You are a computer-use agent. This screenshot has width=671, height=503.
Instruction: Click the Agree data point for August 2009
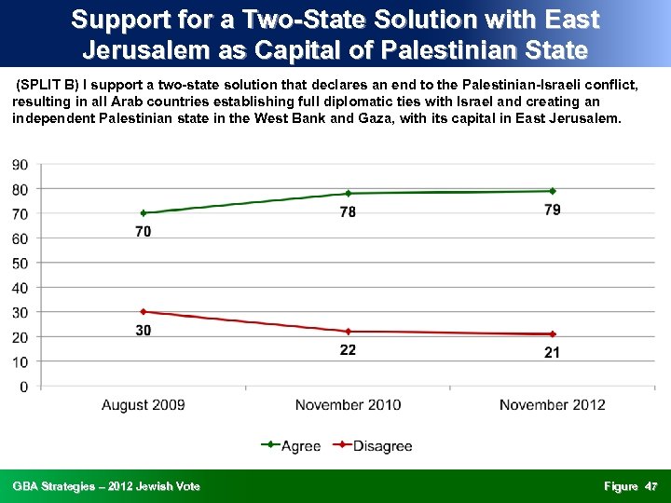tap(144, 213)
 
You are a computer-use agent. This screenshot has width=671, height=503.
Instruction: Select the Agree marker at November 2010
tap(348, 194)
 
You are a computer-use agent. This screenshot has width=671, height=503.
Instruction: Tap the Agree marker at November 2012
tap(553, 191)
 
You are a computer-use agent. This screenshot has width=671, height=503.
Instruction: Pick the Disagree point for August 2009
tap(144, 311)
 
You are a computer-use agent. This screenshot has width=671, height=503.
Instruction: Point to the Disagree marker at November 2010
tap(348, 331)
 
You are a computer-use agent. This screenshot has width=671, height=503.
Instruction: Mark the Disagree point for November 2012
tap(553, 333)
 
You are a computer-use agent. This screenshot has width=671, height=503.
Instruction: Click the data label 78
tap(348, 212)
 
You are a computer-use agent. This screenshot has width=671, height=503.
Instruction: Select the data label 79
tap(553, 211)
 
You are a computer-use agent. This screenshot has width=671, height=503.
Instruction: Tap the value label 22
tap(348, 350)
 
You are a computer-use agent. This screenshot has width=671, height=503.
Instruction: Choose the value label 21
tap(553, 352)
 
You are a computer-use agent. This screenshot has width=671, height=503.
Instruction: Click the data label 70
tap(144, 232)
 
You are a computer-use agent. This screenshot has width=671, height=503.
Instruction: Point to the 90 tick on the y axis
tap(20, 165)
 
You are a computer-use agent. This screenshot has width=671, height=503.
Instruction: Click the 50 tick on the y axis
tap(20, 263)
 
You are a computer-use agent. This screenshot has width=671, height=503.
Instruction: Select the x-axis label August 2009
tap(144, 404)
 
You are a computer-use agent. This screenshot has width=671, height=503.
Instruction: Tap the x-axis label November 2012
tap(553, 404)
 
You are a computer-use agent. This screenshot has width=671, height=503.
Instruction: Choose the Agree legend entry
tap(290, 445)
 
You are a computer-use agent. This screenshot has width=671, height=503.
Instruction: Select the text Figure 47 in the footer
tap(631, 486)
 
